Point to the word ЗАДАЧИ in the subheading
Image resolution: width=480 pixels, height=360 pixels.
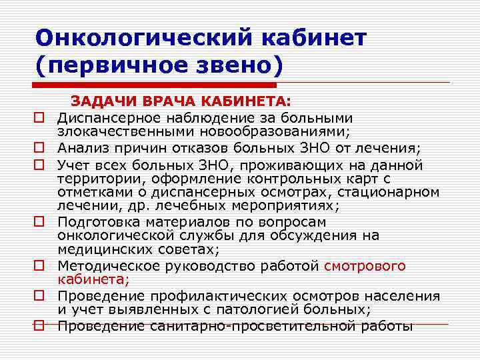(x=103, y=103)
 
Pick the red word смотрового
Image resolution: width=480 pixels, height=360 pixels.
(x=365, y=266)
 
